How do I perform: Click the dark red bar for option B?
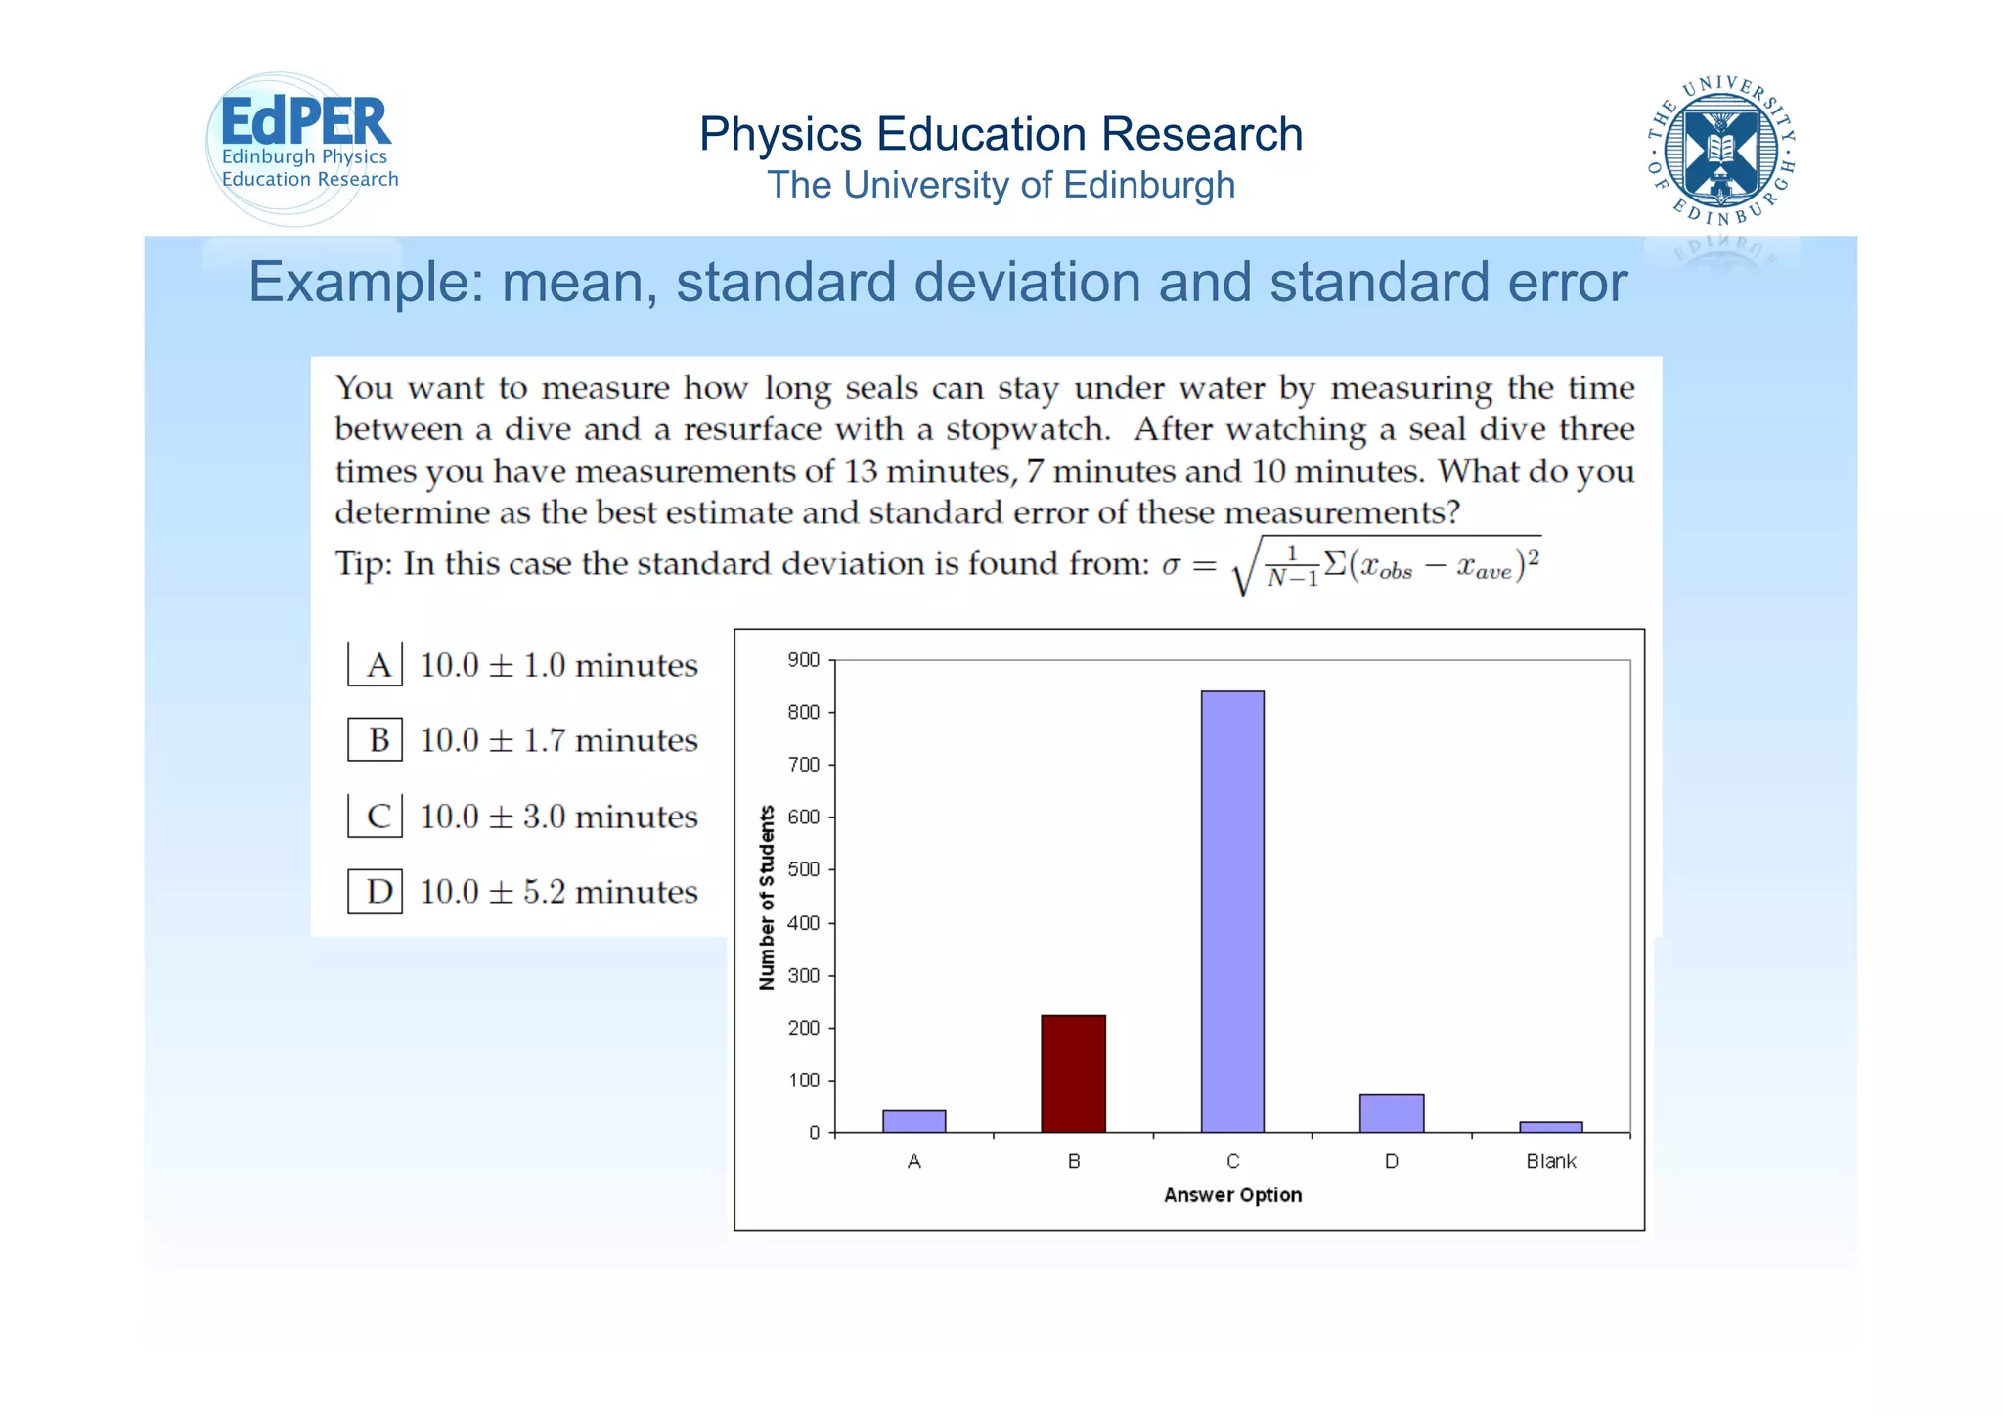pos(1073,1074)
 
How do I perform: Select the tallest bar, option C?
pos(1232,911)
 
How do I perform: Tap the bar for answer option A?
pos(913,1122)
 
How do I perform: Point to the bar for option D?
pos(1391,1114)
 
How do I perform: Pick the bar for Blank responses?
pos(1550,1128)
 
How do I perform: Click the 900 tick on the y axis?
pos(803,660)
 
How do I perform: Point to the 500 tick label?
pos(803,869)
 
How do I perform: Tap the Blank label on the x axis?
pos(1550,1161)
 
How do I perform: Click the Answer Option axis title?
pos(1232,1195)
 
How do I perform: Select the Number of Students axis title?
pos(767,897)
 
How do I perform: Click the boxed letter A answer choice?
pos(377,665)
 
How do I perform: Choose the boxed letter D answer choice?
pos(377,892)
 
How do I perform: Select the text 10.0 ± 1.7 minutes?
pos(558,740)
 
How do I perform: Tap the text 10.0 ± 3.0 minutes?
pos(558,817)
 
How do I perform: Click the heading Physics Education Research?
pos(1001,134)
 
